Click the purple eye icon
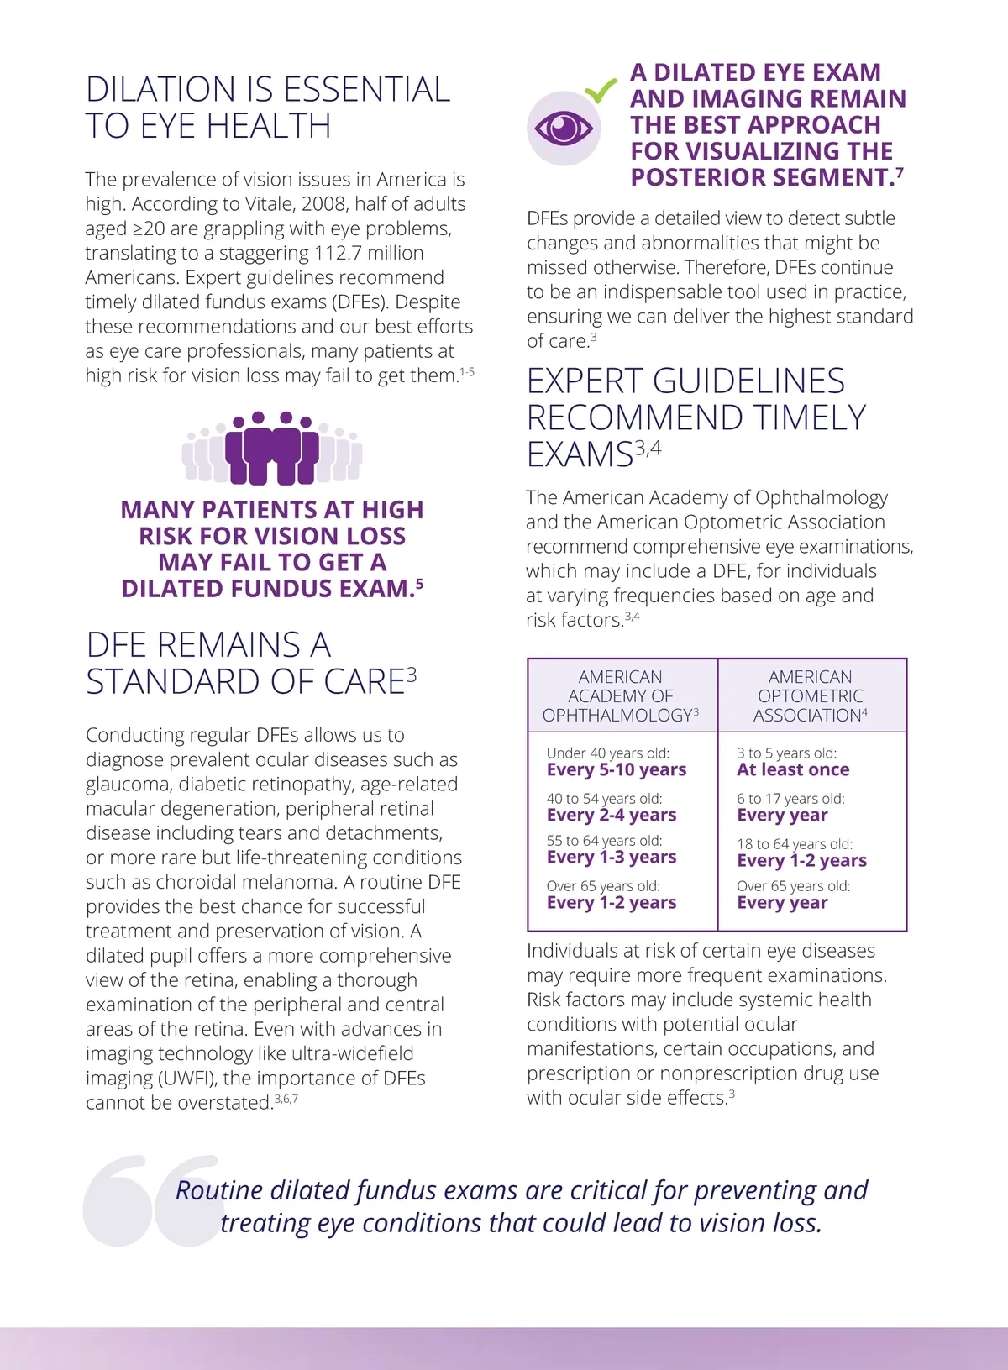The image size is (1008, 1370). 564,129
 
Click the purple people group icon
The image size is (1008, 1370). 272,449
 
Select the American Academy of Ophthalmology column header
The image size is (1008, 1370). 621,695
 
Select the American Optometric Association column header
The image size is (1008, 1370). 811,695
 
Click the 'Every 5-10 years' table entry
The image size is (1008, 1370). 616,770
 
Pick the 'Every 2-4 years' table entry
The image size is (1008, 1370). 611,816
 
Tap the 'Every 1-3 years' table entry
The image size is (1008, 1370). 611,858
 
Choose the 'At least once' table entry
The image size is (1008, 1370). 792,770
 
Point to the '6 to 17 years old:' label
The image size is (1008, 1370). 790,799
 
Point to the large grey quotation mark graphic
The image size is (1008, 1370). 151,1199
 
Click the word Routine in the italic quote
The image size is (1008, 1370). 218,1190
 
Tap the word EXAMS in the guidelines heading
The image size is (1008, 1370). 580,454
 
